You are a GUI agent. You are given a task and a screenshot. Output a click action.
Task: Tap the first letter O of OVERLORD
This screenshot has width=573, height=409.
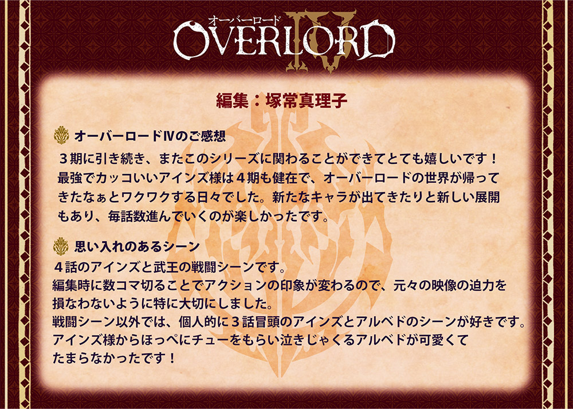coord(189,40)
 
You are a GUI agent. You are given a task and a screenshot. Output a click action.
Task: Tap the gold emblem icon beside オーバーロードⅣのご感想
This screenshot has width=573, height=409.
coord(61,135)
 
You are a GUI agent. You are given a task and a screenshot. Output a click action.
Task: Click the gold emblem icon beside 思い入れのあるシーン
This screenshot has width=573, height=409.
coord(61,246)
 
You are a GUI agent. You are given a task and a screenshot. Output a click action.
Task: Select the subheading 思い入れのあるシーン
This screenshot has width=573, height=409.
coord(137,246)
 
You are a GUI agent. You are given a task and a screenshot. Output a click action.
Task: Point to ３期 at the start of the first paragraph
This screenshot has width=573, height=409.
coord(71,159)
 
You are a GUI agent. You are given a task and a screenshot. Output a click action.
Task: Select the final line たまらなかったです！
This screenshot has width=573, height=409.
coord(115,358)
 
